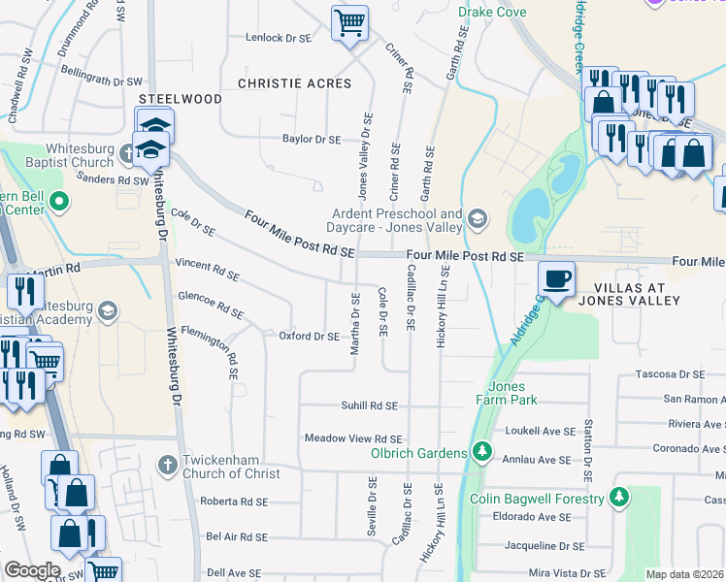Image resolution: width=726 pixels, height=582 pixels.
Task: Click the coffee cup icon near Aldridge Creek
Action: pyautogui.click(x=557, y=279)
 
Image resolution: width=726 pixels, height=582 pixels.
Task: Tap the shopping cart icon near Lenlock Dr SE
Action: pyautogui.click(x=349, y=21)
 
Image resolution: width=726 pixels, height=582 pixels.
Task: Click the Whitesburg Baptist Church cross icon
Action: pyautogui.click(x=127, y=152)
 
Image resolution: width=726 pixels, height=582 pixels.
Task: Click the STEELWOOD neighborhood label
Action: pyautogui.click(x=180, y=99)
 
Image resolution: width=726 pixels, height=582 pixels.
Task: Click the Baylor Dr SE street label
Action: pyautogui.click(x=312, y=140)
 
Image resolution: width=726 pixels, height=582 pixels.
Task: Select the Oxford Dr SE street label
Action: pyautogui.click(x=309, y=337)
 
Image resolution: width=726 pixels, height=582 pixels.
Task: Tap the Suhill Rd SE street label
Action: pyautogui.click(x=369, y=405)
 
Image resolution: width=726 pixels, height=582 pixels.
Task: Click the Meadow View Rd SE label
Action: pyautogui.click(x=353, y=438)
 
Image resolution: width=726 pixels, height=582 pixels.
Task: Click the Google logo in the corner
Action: pyautogui.click(x=32, y=570)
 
